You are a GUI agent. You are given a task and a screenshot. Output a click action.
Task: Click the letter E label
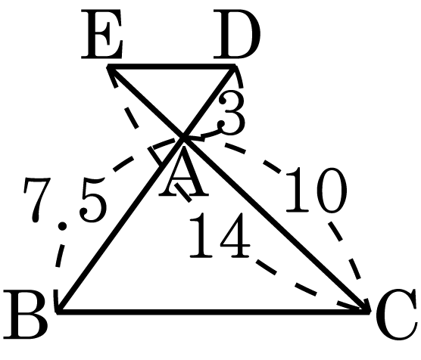point(102,34)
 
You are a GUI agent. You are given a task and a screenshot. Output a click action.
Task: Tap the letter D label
point(237,34)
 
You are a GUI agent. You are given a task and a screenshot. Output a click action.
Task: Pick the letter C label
point(397,315)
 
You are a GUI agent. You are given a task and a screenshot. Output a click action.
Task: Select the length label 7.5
point(65,200)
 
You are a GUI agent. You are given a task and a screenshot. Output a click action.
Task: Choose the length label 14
point(220,235)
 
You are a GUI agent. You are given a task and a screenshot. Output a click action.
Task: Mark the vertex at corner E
point(108,66)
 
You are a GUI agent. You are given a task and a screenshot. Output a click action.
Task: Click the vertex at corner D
point(235,66)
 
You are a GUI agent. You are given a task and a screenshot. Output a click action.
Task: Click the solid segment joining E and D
point(171,66)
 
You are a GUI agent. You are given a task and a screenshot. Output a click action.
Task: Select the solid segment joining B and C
point(214,312)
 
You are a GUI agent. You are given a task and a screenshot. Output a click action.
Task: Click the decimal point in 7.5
point(62,226)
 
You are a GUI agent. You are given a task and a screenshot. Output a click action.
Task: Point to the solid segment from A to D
point(209,102)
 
